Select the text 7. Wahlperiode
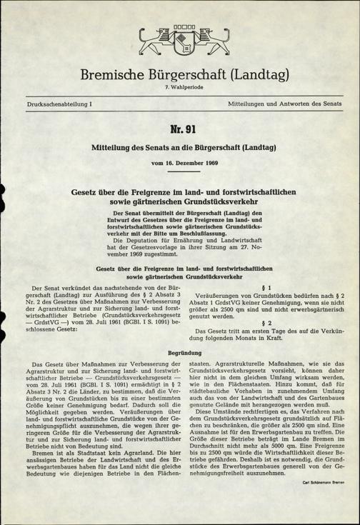[x=179, y=89]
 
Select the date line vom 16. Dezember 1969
[x=179, y=164]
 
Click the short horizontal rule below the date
[x=179, y=172]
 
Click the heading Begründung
[x=179, y=353]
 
